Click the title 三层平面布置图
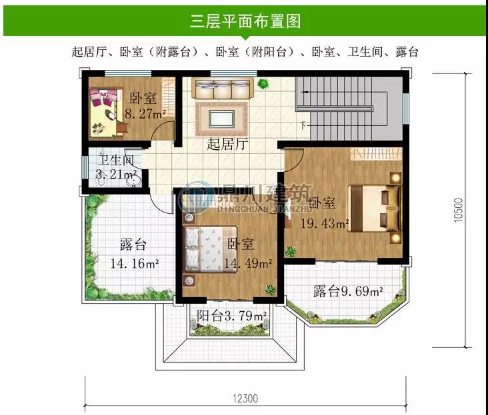[245, 21]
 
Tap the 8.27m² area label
[145, 114]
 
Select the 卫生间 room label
[116, 160]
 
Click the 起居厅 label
[227, 145]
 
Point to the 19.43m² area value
[325, 223]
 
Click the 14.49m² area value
[248, 264]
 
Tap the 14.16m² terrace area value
[135, 264]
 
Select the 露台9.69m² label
[348, 291]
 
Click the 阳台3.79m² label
[231, 316]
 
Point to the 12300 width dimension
[245, 398]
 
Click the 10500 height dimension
[459, 210]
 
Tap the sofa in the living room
[223, 89]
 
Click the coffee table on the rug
[221, 119]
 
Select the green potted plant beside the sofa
[263, 83]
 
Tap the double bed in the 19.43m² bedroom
[374, 208]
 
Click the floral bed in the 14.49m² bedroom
[211, 249]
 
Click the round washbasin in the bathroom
[134, 181]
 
